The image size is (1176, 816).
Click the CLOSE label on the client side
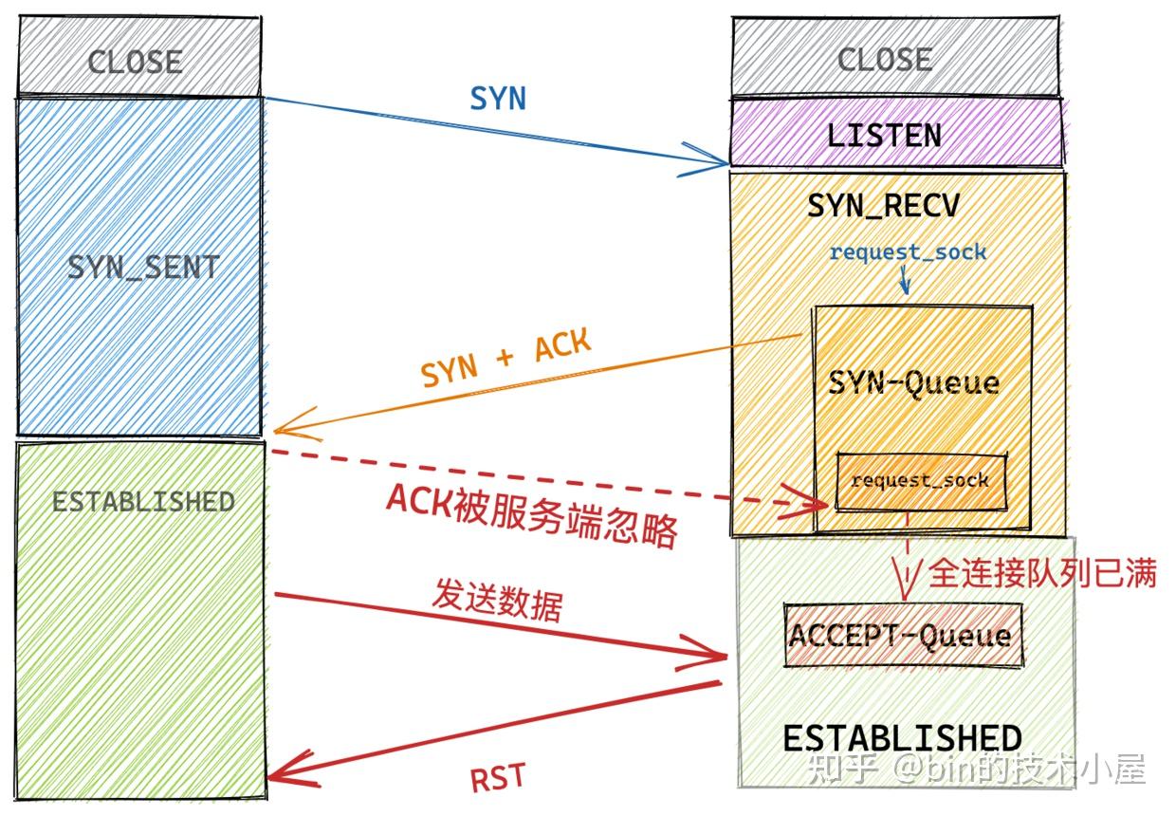135,63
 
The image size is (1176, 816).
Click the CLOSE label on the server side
884,60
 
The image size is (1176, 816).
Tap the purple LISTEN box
884,135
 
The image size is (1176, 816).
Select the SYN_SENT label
143,268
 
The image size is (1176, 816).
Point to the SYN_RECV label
883,206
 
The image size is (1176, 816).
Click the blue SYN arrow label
498,99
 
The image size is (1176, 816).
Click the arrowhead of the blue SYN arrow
716,163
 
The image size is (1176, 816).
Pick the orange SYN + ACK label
505,360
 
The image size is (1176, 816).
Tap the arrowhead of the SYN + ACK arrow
283,429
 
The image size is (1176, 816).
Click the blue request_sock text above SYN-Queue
908,252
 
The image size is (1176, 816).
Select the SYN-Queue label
913,382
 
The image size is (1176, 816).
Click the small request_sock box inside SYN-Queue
919,480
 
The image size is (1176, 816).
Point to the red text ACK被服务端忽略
532,516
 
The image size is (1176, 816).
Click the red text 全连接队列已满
1042,573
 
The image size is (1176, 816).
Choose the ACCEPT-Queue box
900,634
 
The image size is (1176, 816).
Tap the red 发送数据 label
496,599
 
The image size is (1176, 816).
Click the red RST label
497,777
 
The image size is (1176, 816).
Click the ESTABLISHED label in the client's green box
143,501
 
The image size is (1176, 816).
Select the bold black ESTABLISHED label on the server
902,738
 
